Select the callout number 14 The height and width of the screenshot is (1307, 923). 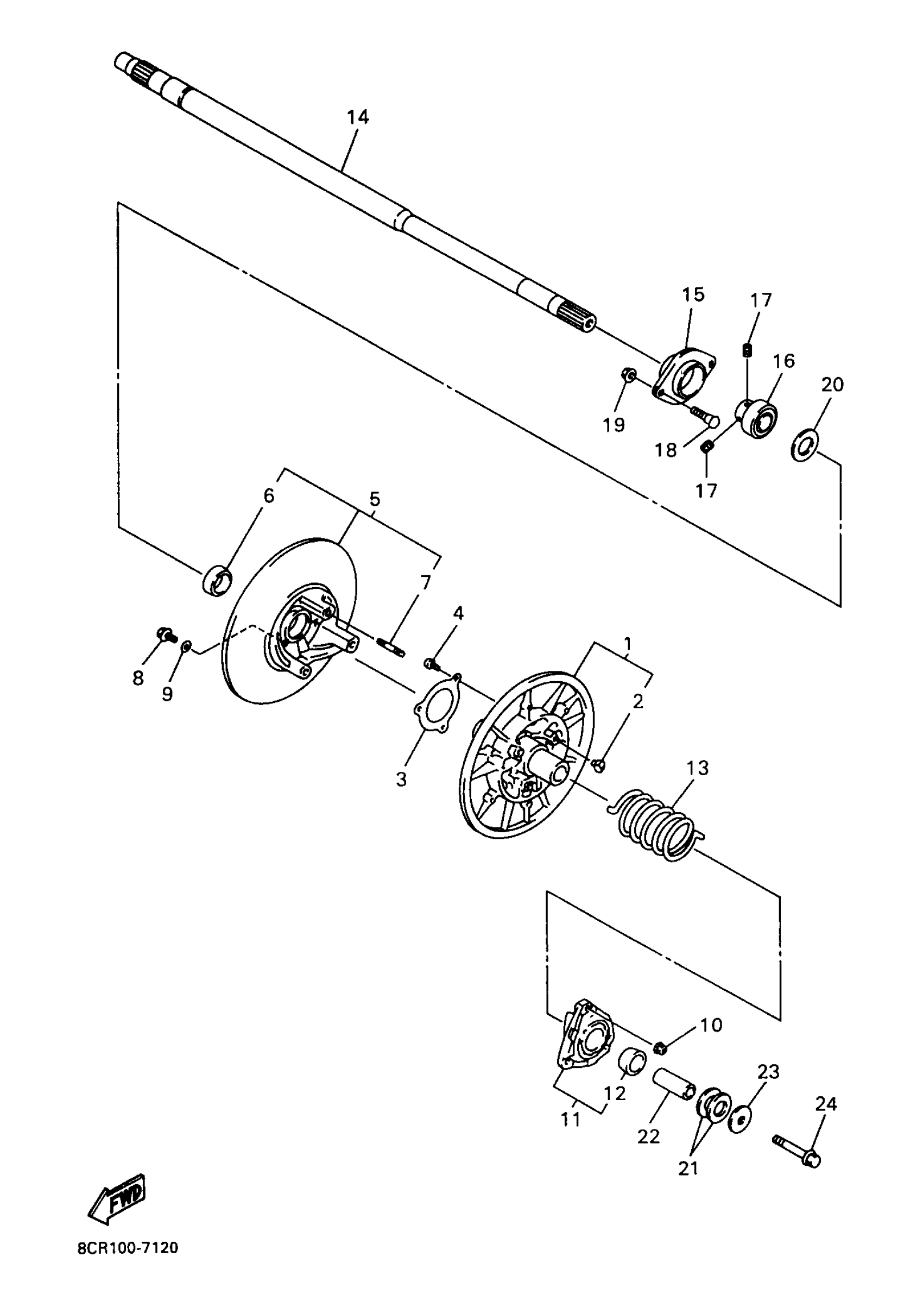coord(358,117)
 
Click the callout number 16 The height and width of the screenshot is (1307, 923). coord(783,361)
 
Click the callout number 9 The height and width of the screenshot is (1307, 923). coord(167,694)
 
